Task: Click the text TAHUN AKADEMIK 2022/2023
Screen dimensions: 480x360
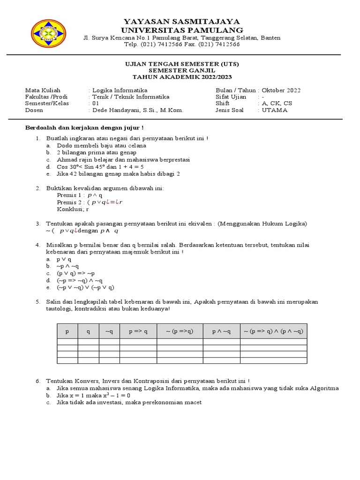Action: pyautogui.click(x=181, y=77)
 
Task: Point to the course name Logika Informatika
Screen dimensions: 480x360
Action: pyautogui.click(x=120, y=90)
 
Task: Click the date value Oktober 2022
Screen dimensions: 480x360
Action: pyautogui.click(x=281, y=90)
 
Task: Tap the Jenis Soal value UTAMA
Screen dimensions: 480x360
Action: pyautogui.click(x=275, y=110)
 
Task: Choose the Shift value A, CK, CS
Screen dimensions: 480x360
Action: pyautogui.click(x=277, y=104)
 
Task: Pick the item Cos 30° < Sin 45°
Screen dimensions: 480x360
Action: pyautogui.click(x=100, y=166)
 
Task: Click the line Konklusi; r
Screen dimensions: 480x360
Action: pyautogui.click(x=73, y=209)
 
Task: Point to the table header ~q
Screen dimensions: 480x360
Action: pyautogui.click(x=109, y=331)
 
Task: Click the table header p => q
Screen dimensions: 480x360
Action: pyautogui.click(x=138, y=331)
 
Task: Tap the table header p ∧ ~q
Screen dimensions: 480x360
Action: pyautogui.click(x=221, y=331)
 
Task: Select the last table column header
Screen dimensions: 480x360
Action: pyautogui.click(x=274, y=331)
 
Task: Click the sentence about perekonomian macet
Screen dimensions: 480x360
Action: pyautogui.click(x=129, y=402)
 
